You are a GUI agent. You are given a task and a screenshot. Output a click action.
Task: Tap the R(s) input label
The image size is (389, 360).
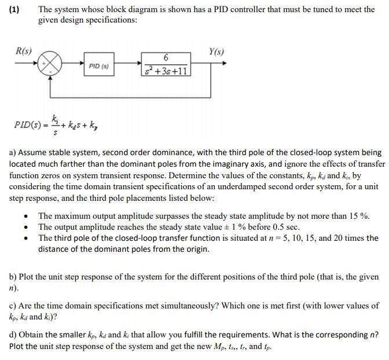[23, 52]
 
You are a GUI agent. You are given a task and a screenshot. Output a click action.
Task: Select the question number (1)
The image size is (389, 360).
[14, 10]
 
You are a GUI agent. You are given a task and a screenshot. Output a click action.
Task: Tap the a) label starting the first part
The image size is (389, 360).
[12, 153]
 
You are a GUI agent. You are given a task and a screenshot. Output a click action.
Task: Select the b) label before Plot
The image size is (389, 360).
[12, 277]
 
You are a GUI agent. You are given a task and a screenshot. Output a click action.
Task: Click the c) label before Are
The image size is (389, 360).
[12, 305]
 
